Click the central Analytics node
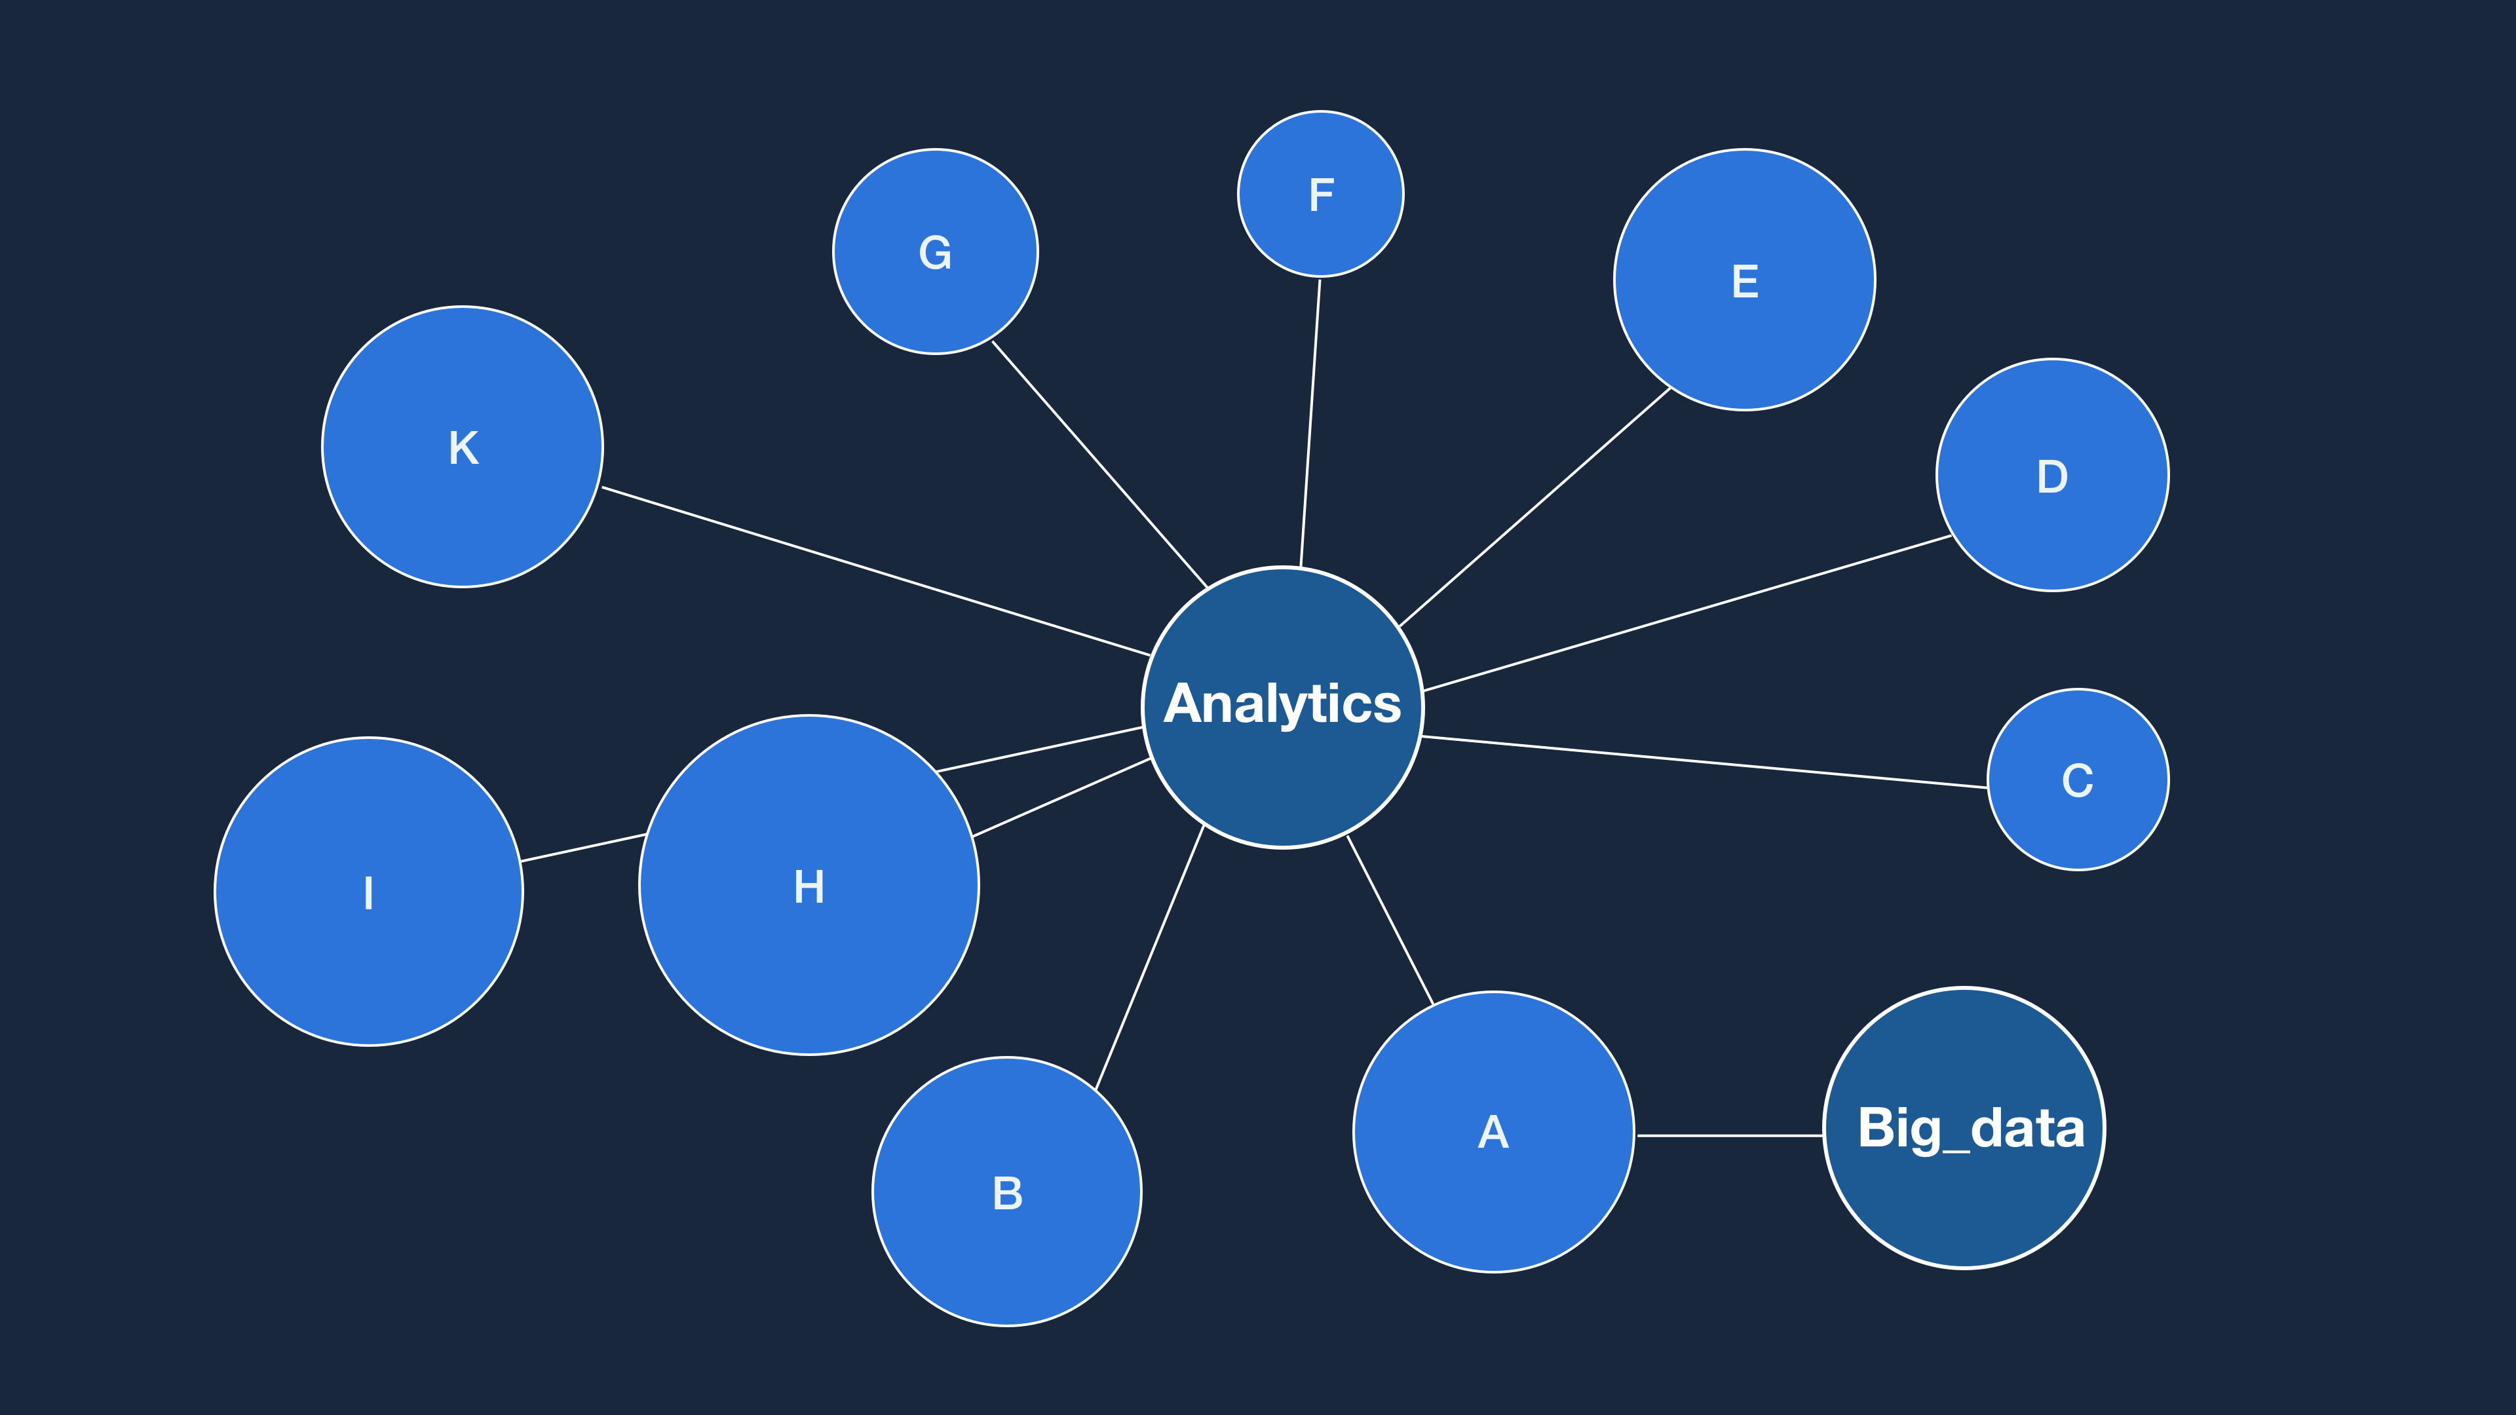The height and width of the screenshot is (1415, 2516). coord(1282,707)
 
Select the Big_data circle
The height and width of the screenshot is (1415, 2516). coord(1964,1128)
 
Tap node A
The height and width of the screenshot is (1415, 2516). coord(1493,1132)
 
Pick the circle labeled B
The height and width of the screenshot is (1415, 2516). coord(1007,1192)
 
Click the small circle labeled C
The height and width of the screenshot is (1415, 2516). coord(2078,780)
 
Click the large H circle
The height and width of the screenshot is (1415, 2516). coord(809,886)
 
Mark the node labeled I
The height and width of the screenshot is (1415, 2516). coord(368,892)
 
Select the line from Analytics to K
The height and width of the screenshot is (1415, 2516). coord(875,571)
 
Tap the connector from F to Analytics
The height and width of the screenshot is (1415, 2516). coord(1310,423)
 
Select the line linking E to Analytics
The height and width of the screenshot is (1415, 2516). coord(1534,507)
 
